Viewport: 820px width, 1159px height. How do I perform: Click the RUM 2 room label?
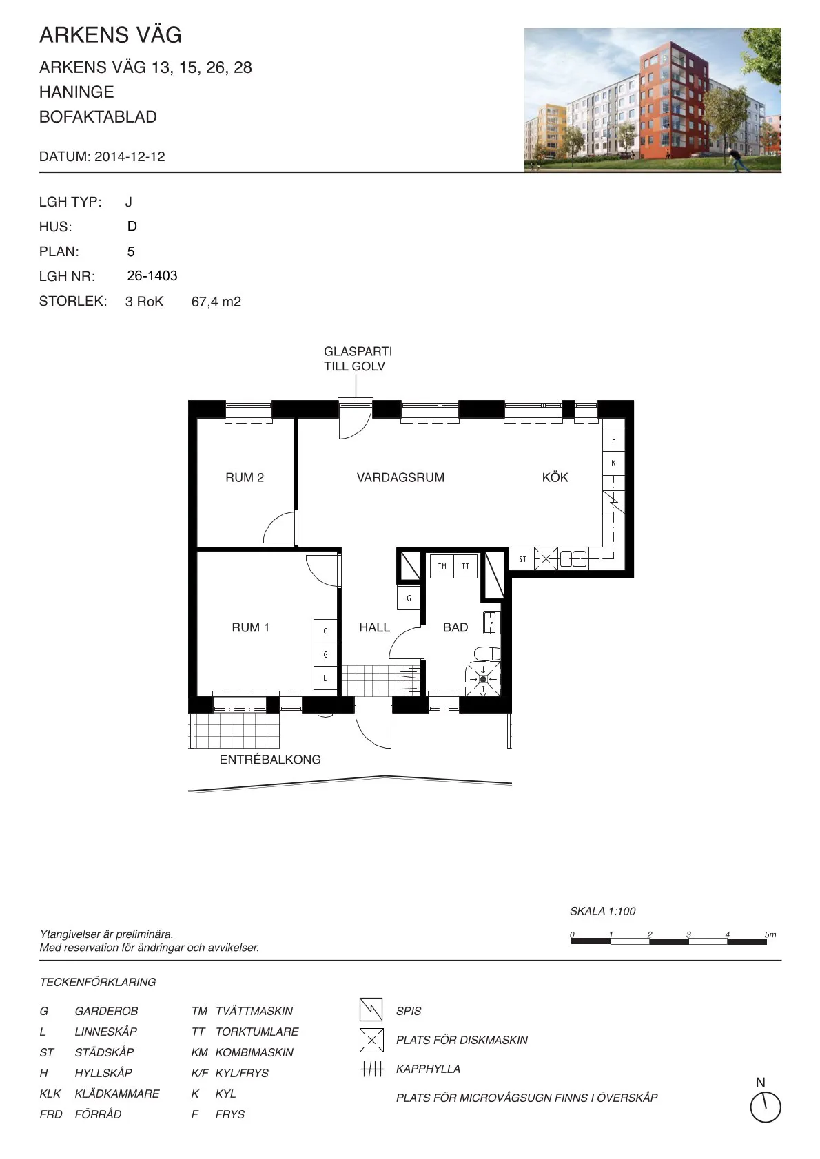245,477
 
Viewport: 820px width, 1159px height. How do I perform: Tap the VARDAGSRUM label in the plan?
400,477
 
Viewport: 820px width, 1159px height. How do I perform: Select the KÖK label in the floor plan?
555,477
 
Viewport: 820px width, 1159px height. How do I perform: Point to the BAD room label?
455,627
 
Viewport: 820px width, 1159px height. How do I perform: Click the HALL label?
374,627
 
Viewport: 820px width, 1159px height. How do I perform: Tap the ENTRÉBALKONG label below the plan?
270,760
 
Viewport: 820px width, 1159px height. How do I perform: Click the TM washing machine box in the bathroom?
442,566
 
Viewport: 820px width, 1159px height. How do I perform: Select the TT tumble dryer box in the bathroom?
465,566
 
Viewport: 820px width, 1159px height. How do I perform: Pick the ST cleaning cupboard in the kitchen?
522,559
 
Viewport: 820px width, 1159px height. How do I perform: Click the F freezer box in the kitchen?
613,439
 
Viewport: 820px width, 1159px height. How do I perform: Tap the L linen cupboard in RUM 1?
325,678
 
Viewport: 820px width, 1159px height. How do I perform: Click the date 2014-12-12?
130,156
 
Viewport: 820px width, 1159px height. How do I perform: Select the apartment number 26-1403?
152,275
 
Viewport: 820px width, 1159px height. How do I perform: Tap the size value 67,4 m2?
216,302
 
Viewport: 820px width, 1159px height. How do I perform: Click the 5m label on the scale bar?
770,934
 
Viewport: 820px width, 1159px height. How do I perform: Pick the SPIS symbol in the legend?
371,1010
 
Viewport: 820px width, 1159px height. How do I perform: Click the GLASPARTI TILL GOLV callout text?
358,359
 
